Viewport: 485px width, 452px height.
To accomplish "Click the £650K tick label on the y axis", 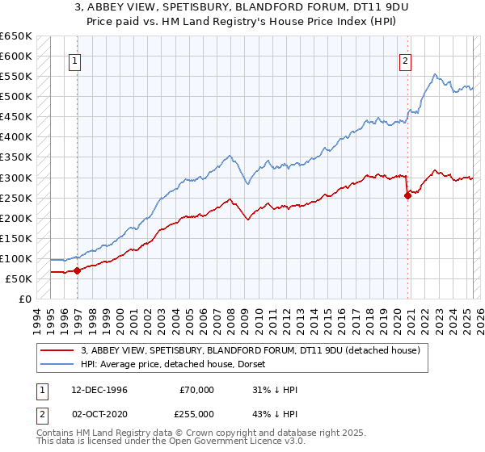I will click(16, 36).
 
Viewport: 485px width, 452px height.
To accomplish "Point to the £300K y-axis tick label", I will click(16, 178).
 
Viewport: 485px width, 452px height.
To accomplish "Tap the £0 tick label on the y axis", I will click(25, 299).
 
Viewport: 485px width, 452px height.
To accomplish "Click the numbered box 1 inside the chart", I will click(74, 60).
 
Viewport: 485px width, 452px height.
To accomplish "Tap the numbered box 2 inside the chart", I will click(404, 60).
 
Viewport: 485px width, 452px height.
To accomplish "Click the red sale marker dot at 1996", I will click(78, 270).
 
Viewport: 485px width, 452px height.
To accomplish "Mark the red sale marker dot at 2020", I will click(407, 195).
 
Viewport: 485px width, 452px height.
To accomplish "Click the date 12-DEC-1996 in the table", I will click(99, 390).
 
